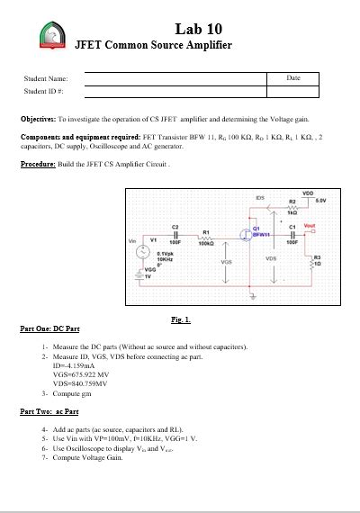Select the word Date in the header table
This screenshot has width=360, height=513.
tap(292, 78)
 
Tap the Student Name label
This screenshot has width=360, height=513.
tap(46, 79)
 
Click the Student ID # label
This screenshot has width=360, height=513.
tap(43, 92)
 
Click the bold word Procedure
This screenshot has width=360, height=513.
tap(40, 164)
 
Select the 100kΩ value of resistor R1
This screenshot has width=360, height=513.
tap(206, 244)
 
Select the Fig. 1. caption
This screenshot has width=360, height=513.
tap(180, 319)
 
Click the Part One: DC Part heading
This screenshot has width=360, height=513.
tap(49, 328)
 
